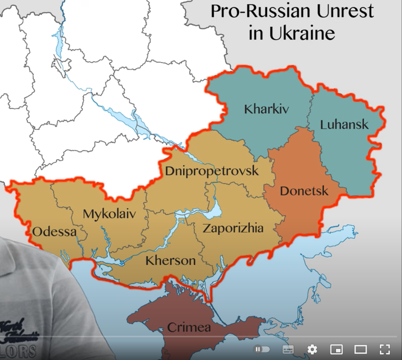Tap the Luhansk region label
click(344, 124)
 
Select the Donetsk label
click(304, 191)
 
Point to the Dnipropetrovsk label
click(212, 170)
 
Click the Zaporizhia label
click(233, 228)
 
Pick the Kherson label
click(170, 261)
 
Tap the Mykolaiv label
click(109, 214)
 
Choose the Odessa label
click(54, 232)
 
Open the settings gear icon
click(312, 349)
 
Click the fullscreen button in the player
click(384, 349)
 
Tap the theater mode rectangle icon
click(360, 349)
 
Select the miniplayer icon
click(336, 349)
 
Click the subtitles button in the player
click(288, 349)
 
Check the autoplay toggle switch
click(262, 349)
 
